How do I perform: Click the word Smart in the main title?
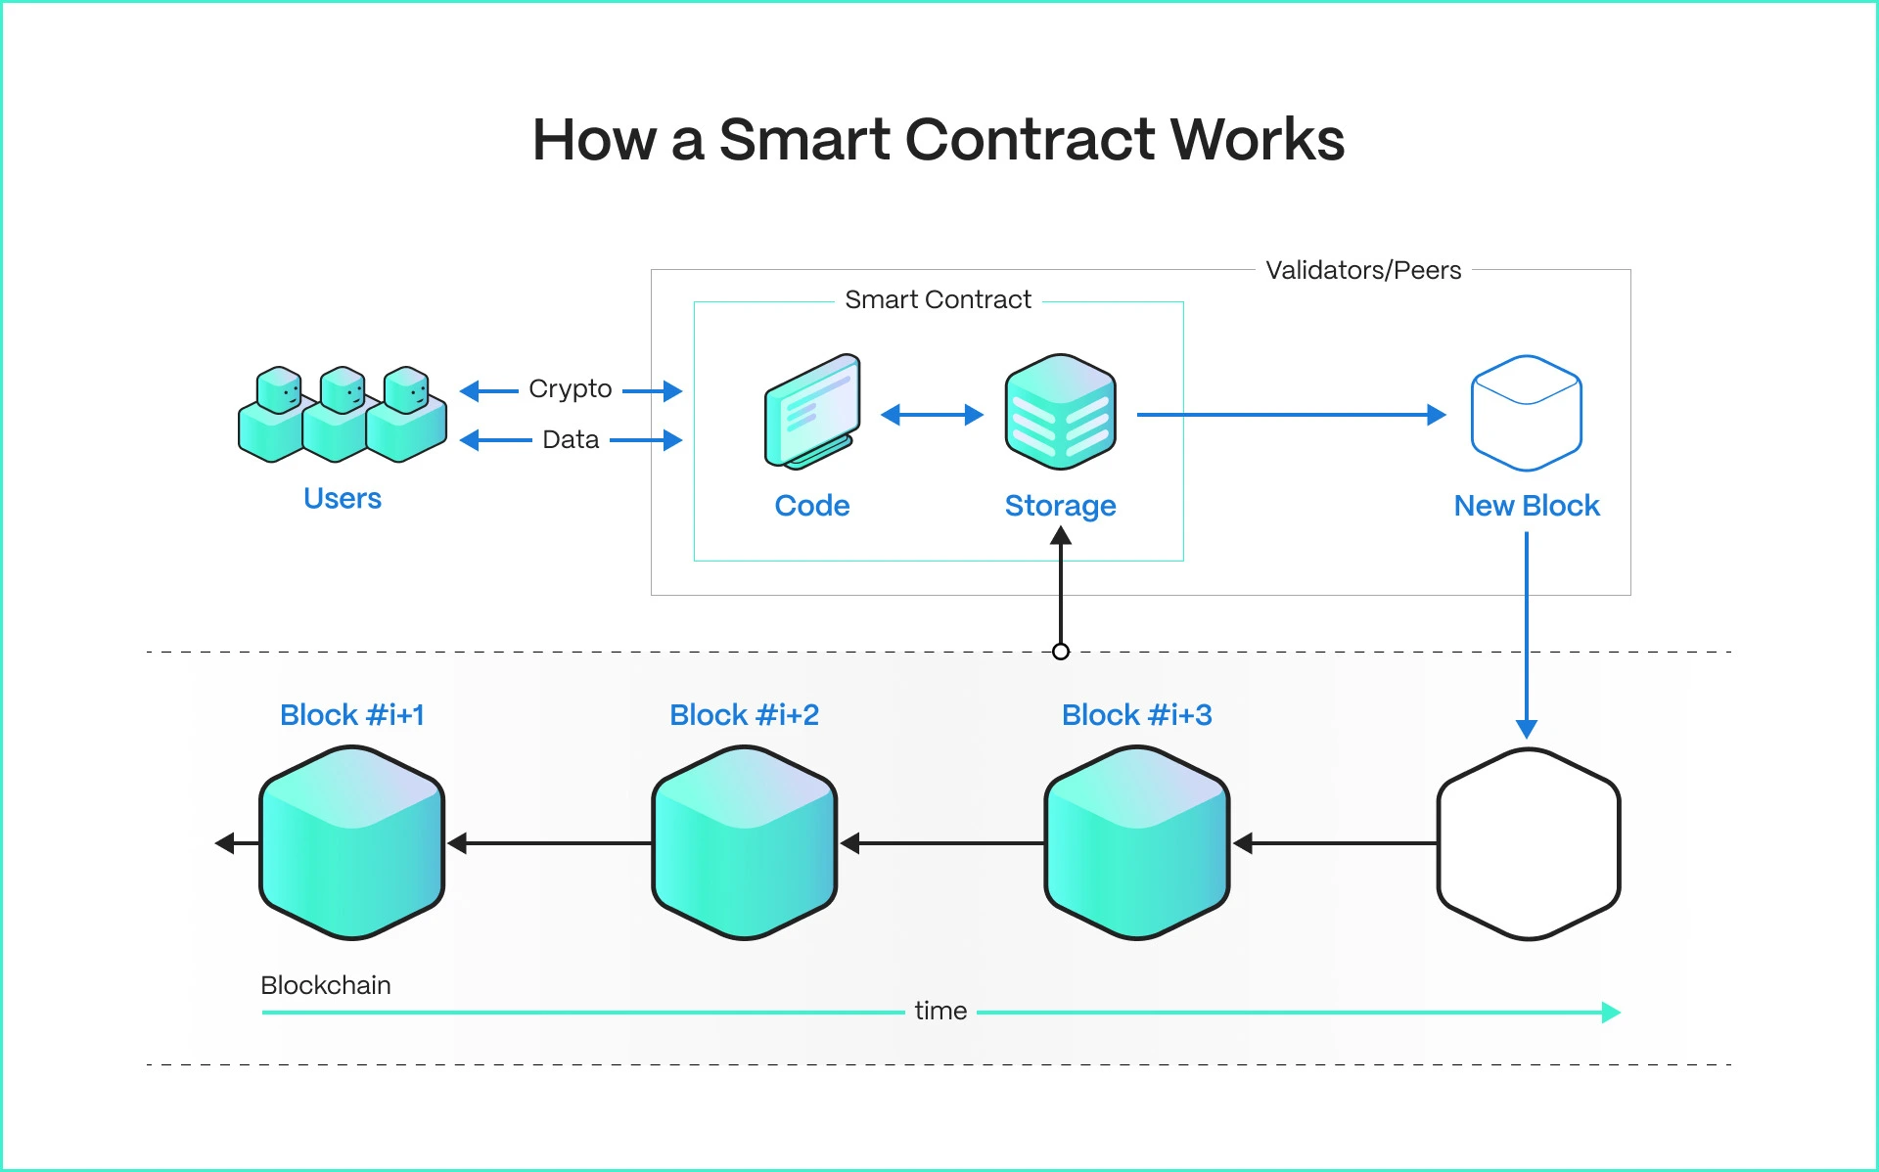click(x=803, y=140)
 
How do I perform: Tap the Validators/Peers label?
click(x=1362, y=270)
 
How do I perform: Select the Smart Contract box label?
click(x=937, y=299)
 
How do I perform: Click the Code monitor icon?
click(x=812, y=411)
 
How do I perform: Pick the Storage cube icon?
click(x=1060, y=412)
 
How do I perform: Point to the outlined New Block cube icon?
click(x=1526, y=413)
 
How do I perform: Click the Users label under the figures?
click(x=342, y=498)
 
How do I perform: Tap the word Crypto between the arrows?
click(x=570, y=389)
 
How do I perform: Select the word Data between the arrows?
click(x=570, y=439)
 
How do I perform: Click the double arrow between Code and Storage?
click(x=932, y=415)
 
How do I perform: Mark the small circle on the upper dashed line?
click(x=1060, y=652)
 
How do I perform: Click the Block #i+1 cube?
click(x=351, y=842)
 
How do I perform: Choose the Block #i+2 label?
click(x=744, y=715)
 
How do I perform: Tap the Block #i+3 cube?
click(x=1136, y=842)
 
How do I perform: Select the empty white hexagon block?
click(x=1528, y=843)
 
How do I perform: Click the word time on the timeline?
click(x=940, y=1011)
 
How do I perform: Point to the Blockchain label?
click(x=325, y=985)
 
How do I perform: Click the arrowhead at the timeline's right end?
click(x=1610, y=1013)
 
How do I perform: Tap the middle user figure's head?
click(x=343, y=389)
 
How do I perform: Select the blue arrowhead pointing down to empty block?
click(x=1526, y=729)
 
